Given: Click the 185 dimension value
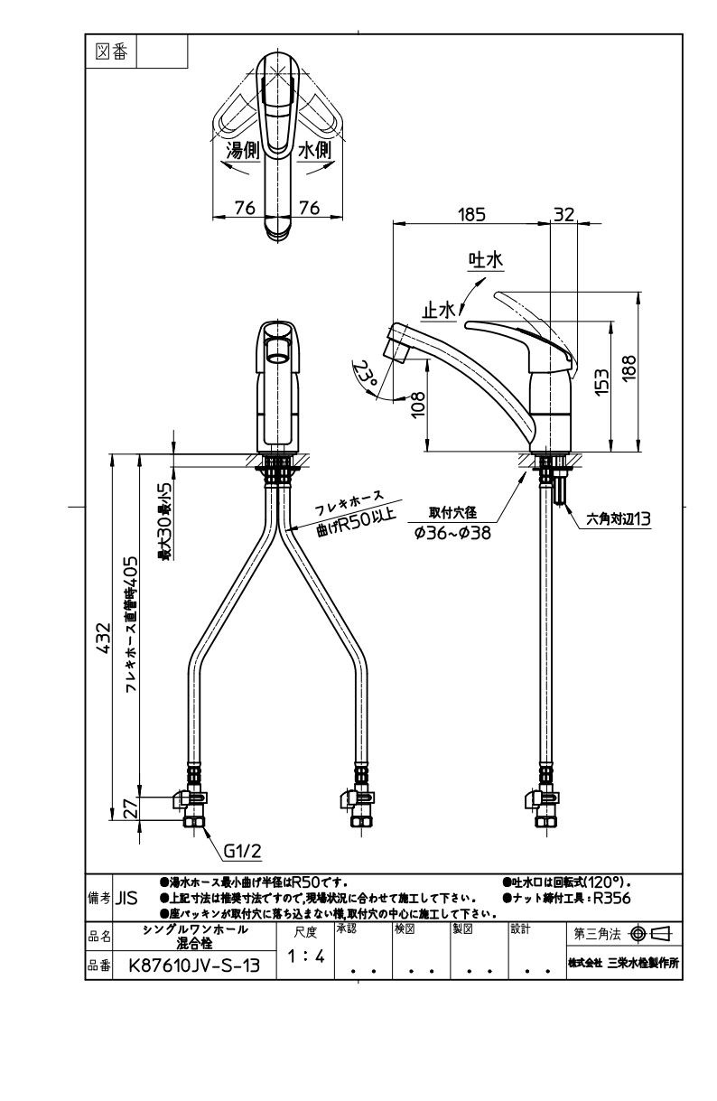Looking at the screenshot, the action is [x=471, y=215].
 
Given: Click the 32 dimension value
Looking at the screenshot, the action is [x=563, y=215].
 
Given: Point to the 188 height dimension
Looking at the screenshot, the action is [x=629, y=367].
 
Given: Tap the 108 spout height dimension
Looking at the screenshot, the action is [x=418, y=405].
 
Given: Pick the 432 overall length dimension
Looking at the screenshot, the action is [x=104, y=638].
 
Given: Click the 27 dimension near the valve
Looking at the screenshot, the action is [x=130, y=807].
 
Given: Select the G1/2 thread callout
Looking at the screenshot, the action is [x=242, y=850].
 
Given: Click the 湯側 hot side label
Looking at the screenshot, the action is [x=242, y=151].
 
